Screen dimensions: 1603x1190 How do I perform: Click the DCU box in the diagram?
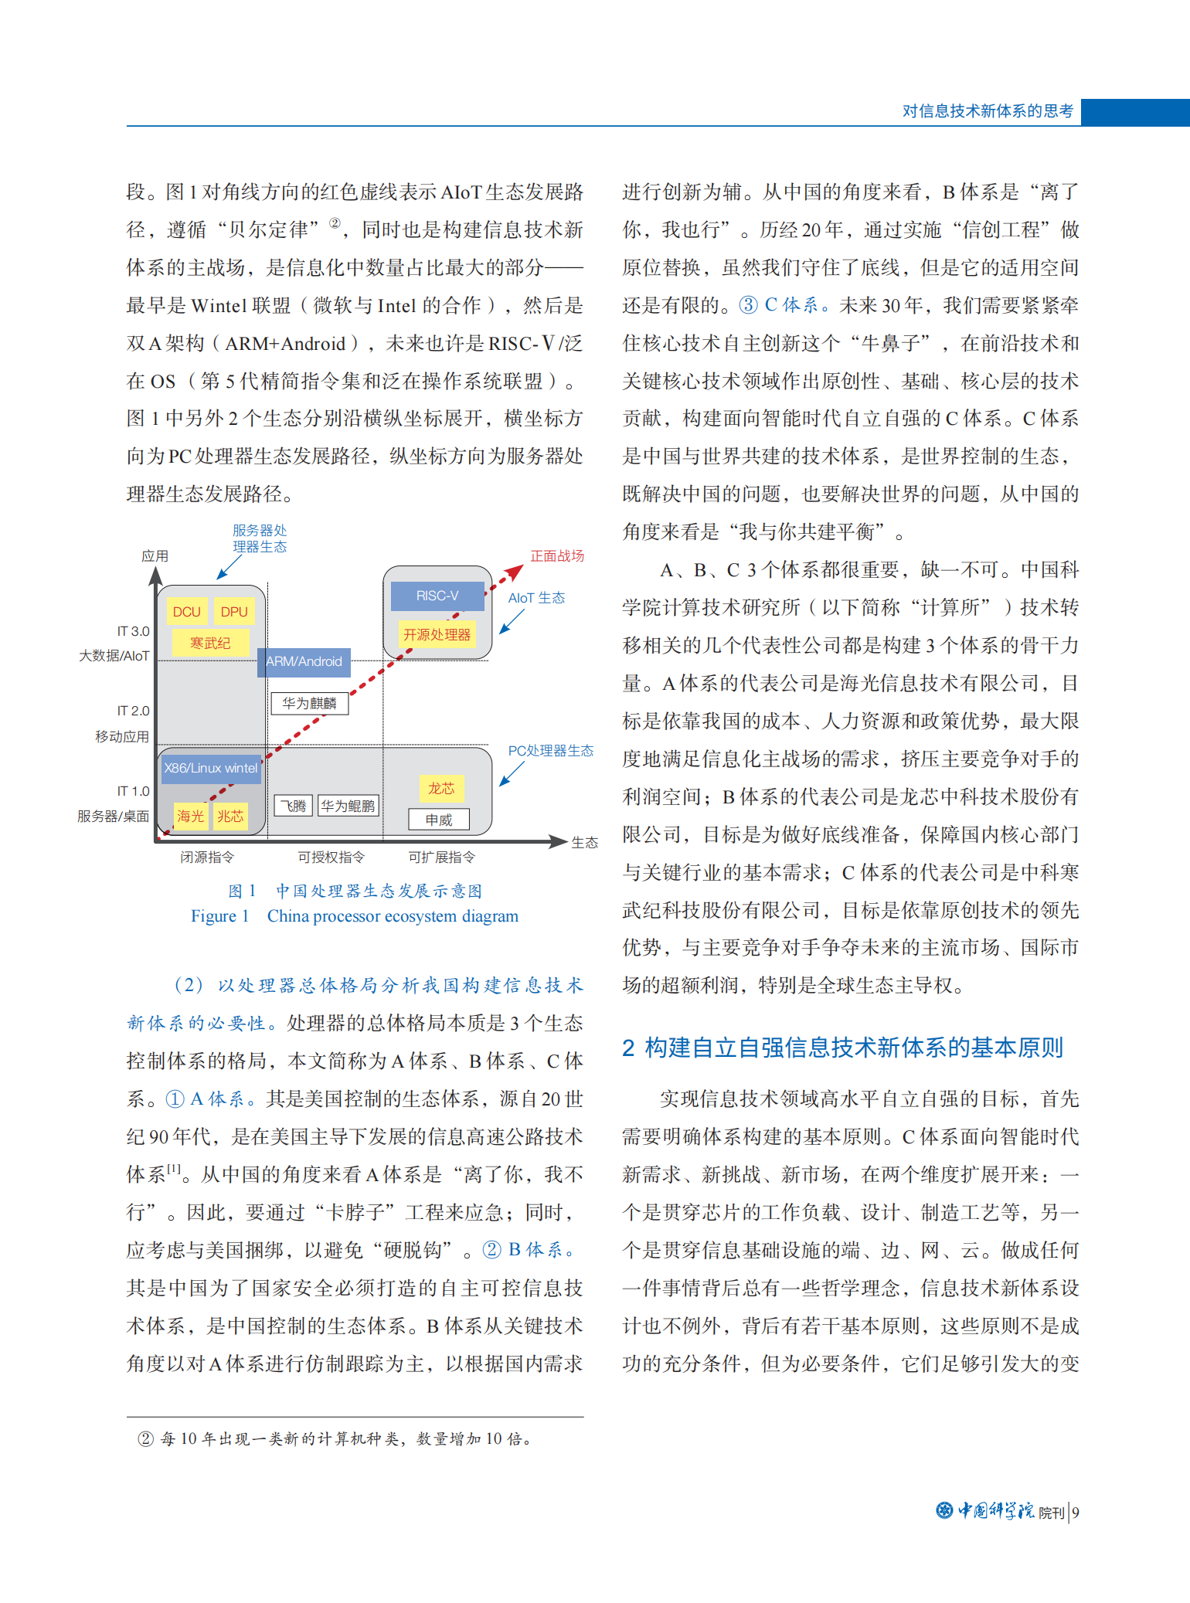186,612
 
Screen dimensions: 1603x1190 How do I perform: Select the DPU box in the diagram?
234,612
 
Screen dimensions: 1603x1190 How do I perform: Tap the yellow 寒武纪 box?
210,643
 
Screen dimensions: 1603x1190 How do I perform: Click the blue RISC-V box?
437,596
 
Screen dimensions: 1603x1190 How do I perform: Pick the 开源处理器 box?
437,634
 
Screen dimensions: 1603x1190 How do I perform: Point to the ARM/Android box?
304,662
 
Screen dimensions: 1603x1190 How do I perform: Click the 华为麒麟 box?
309,703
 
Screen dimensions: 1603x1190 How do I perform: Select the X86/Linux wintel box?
210,768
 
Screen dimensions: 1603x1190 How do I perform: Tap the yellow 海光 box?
190,816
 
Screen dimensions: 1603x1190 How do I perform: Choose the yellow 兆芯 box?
230,816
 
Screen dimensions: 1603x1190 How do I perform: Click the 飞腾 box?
293,806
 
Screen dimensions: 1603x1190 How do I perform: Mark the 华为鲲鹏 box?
348,806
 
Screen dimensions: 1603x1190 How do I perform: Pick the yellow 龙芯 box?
441,788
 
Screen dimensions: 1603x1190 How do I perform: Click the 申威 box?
439,820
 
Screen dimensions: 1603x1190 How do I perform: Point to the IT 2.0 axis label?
133,711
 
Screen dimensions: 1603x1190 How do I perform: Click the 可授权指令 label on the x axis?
331,857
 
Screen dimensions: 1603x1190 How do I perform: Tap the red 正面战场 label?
557,555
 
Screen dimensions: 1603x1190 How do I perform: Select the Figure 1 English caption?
355,916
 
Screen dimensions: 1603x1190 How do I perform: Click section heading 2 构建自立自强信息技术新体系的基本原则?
843,1048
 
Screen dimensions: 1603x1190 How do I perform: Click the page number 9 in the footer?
1076,1513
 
